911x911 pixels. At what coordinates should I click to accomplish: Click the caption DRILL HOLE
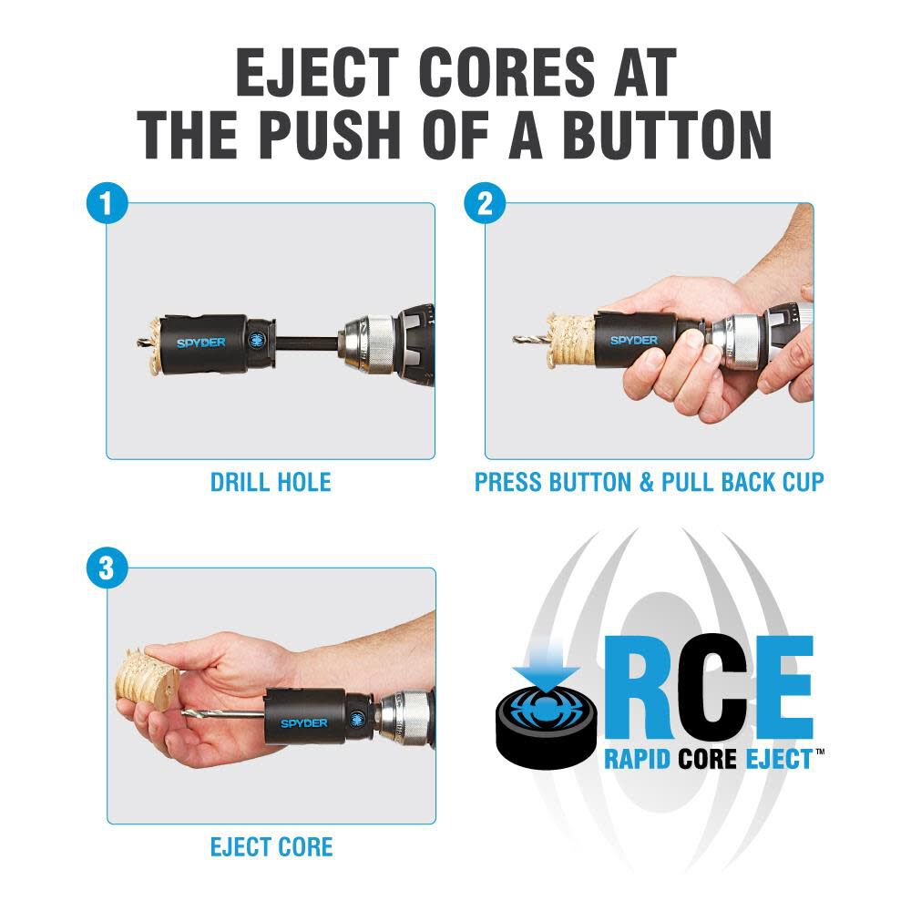click(271, 482)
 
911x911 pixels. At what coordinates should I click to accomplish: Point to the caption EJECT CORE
click(271, 846)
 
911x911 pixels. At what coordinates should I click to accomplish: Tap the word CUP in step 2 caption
click(799, 482)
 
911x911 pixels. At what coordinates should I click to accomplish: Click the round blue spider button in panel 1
click(255, 340)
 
